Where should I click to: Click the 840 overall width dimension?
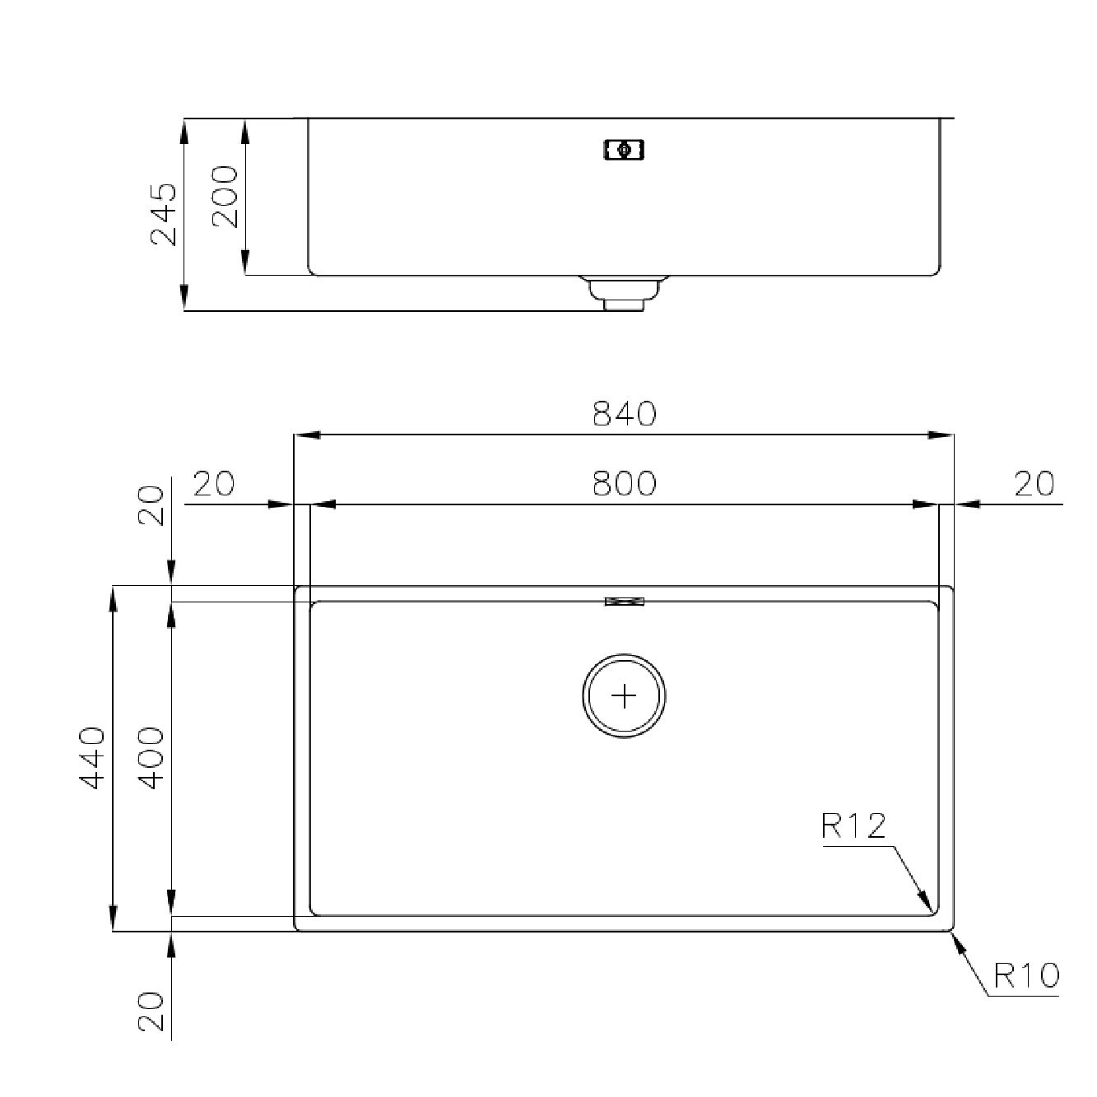tap(625, 414)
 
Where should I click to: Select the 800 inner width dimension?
tap(625, 483)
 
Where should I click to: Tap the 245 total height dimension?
tap(164, 214)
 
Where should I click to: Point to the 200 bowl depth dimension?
tap(225, 197)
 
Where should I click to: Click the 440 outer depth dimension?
tap(92, 758)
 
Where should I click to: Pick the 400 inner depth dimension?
tap(151, 758)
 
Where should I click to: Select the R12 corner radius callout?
tap(854, 826)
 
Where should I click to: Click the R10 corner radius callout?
tap(1026, 976)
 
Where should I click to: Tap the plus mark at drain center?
tap(625, 696)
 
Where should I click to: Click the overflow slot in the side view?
tap(624, 151)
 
